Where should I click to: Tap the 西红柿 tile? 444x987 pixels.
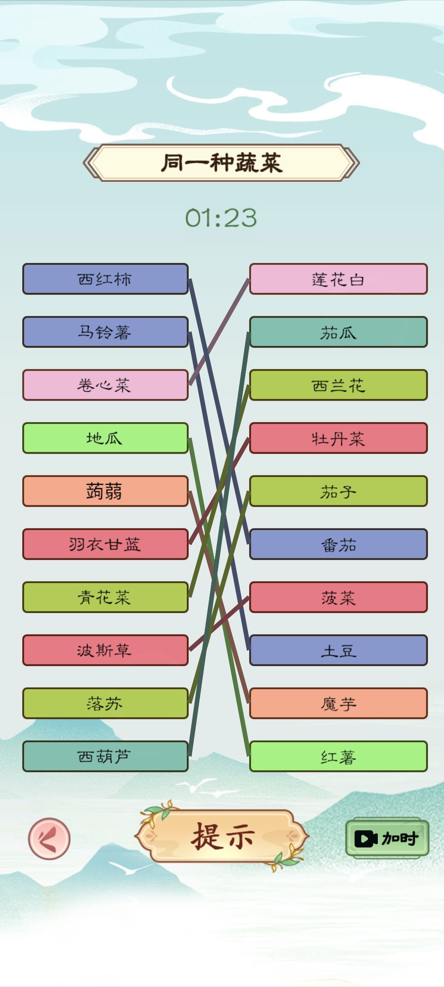click(105, 279)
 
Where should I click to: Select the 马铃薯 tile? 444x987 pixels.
click(105, 332)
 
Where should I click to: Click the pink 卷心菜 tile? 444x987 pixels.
click(105, 385)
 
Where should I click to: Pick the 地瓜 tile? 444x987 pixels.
click(105, 438)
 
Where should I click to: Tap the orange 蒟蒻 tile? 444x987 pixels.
click(105, 491)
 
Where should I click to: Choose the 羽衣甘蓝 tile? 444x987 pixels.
click(105, 544)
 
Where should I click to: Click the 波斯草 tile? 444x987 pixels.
click(105, 650)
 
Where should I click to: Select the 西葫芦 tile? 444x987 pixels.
click(105, 756)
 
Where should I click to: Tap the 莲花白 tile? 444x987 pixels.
click(338, 279)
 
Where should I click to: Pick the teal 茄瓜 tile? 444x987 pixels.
click(338, 332)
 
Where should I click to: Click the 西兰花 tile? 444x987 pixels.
click(338, 385)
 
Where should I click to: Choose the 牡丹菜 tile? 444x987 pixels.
click(338, 438)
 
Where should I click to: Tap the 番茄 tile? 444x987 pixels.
click(338, 544)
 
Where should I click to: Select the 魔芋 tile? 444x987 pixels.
click(338, 703)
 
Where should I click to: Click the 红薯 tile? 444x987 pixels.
click(338, 756)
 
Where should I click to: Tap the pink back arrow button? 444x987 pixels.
click(49, 839)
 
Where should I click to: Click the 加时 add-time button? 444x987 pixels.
click(387, 838)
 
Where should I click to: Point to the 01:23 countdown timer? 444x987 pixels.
click(221, 218)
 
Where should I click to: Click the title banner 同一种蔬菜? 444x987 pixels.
click(221, 162)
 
